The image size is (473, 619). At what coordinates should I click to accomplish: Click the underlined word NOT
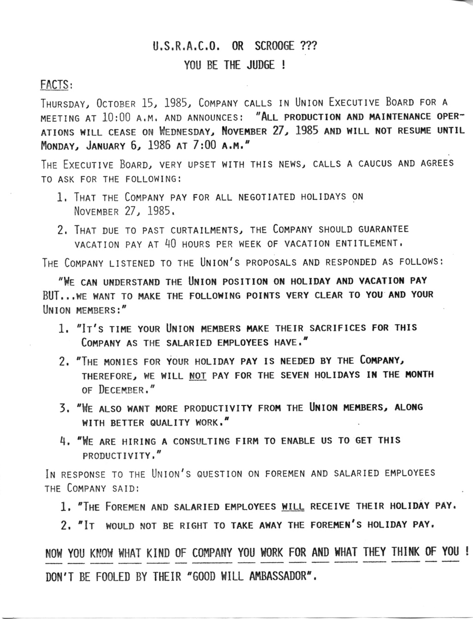[198, 375]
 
